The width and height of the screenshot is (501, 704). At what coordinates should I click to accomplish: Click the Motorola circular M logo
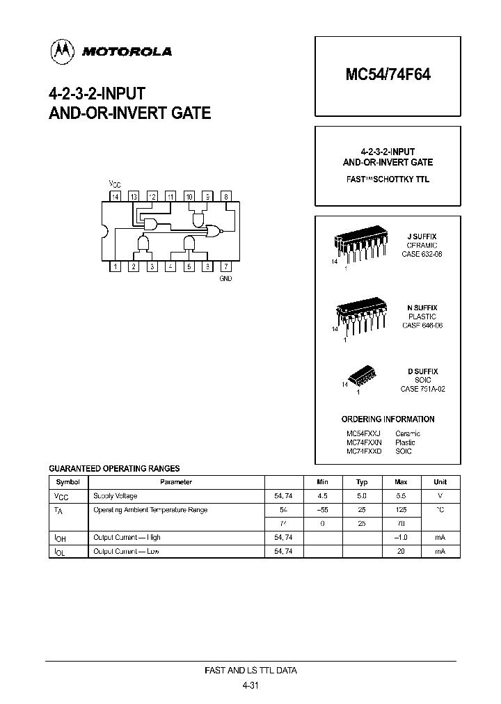(x=61, y=50)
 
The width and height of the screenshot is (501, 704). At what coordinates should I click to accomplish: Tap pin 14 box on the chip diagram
(x=116, y=197)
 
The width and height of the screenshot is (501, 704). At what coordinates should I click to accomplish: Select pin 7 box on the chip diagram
(x=225, y=266)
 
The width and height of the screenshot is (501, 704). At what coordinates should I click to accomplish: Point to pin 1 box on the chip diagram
(x=116, y=266)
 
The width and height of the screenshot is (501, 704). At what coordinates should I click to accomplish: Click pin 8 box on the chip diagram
(x=225, y=197)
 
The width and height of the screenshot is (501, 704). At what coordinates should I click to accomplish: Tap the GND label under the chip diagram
(x=225, y=278)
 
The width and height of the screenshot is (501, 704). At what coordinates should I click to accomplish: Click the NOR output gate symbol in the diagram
(x=209, y=232)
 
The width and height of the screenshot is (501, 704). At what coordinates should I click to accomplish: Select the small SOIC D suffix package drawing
(x=361, y=377)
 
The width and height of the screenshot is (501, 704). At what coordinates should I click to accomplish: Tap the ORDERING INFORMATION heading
(x=388, y=419)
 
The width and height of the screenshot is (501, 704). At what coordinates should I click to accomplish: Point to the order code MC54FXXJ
(x=363, y=433)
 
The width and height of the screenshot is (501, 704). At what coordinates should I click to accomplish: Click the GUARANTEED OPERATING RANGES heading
(x=113, y=468)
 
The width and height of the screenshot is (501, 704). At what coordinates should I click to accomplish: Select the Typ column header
(x=362, y=481)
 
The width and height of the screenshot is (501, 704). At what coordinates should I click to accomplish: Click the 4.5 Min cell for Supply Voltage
(x=322, y=496)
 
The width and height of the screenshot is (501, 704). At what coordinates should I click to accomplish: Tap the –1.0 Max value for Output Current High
(x=401, y=538)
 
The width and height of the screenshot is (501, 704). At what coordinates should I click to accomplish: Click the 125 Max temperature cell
(x=401, y=510)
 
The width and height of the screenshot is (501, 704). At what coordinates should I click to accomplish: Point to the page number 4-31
(x=250, y=685)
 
